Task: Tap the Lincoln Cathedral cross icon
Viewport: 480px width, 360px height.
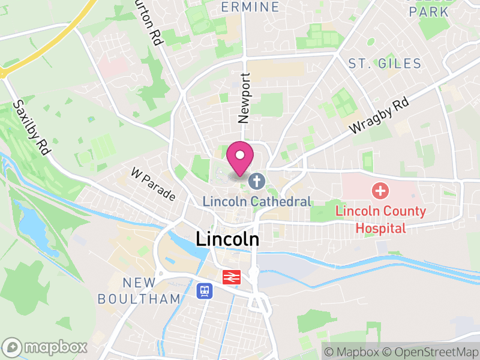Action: point(257,181)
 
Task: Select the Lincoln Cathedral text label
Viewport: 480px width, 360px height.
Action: point(257,202)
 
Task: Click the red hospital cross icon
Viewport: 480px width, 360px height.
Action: point(380,191)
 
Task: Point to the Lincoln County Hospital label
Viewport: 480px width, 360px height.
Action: point(380,219)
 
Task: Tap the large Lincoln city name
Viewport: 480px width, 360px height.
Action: point(227,239)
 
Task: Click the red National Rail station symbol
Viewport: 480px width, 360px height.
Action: point(231,277)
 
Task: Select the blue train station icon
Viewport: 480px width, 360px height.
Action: point(205,291)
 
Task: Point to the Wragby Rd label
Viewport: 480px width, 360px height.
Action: point(379,116)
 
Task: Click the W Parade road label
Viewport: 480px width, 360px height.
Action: point(154,184)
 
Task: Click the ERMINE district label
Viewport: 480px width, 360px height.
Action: point(250,7)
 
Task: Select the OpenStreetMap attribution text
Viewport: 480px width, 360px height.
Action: point(430,351)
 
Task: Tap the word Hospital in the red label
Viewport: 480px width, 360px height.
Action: point(380,227)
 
